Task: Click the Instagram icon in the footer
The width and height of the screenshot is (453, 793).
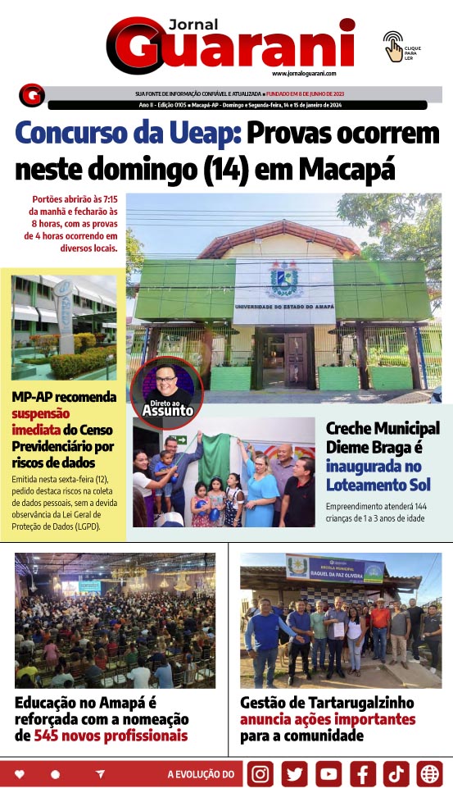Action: [260, 773]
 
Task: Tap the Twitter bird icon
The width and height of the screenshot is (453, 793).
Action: [295, 773]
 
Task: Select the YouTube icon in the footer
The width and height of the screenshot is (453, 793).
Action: [328, 773]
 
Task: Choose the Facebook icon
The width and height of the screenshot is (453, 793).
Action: [363, 773]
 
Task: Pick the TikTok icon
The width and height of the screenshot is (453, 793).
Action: [396, 773]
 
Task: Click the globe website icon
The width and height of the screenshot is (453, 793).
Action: [429, 773]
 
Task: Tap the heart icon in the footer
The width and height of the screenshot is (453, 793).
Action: [20, 774]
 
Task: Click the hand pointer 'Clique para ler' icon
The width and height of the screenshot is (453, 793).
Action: [393, 46]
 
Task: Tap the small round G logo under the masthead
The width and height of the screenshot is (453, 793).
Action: [31, 95]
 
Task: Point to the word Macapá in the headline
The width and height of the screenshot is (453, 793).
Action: [347, 169]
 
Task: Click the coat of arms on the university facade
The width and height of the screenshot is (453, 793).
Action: [283, 279]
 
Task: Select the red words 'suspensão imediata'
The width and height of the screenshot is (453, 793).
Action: [41, 422]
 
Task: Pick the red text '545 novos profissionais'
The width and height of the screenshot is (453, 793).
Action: [111, 736]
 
